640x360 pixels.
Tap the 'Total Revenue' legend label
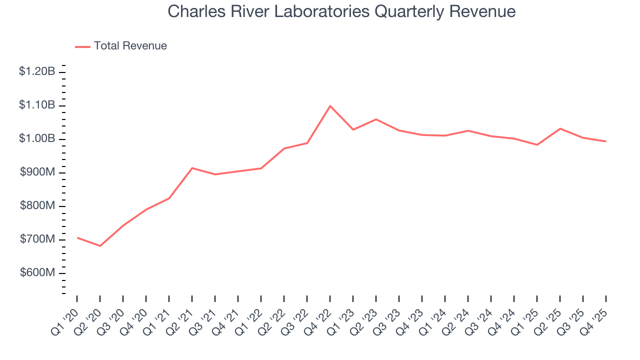tap(130, 46)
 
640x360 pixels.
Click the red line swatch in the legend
tap(82, 46)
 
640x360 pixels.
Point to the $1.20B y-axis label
tap(37, 71)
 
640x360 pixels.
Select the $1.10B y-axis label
tap(37, 105)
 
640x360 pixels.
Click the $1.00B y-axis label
tap(37, 138)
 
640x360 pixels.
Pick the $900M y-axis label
tap(37, 172)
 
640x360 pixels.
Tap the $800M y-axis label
tap(37, 205)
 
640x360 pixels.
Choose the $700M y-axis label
tap(37, 239)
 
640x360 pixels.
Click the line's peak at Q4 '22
tap(330, 106)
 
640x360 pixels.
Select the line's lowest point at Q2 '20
tap(100, 246)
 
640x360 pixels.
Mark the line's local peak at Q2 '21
tap(192, 168)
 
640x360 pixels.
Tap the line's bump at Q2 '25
tap(560, 128)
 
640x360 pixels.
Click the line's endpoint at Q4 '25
tap(606, 141)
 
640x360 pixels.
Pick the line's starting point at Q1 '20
tap(77, 237)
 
